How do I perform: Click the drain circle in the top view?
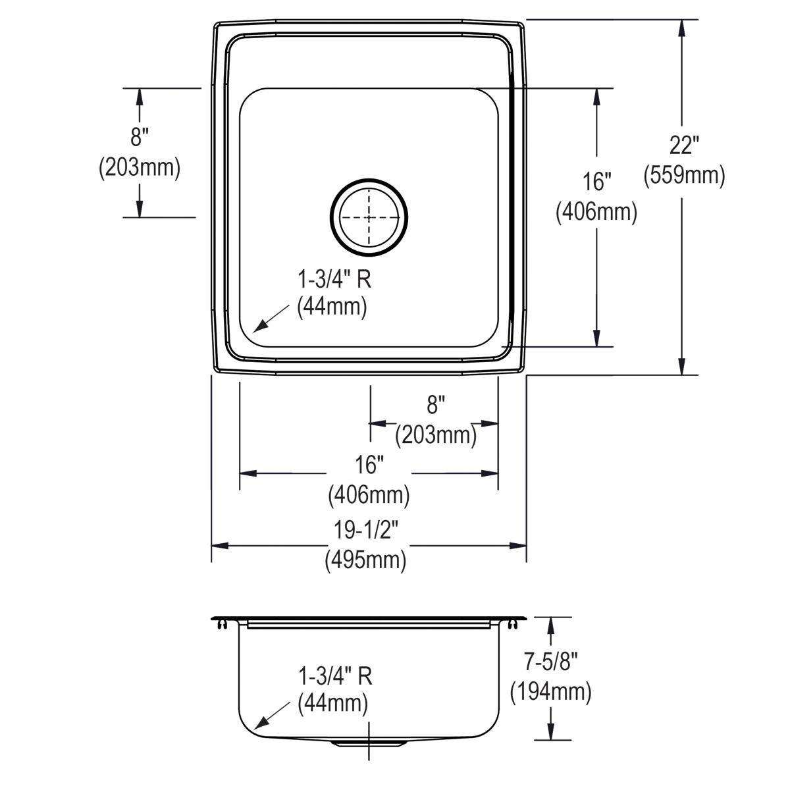(369, 218)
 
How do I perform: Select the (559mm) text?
(684, 176)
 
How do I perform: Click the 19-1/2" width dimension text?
(366, 530)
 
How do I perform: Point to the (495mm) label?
(365, 560)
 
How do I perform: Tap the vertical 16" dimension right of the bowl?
(596, 181)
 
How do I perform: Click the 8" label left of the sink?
(139, 137)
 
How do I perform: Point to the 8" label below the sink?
(436, 405)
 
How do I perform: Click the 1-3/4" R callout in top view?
(334, 280)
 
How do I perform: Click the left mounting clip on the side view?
(222, 624)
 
